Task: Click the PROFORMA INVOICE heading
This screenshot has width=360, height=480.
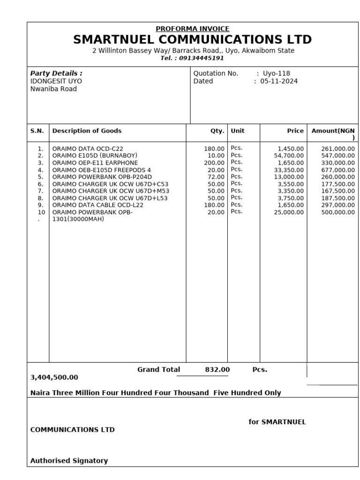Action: pos(192,29)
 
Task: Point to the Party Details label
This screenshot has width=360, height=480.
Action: pos(56,74)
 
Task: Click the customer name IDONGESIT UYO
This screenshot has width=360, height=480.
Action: pos(56,81)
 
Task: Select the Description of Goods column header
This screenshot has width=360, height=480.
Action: pos(87,131)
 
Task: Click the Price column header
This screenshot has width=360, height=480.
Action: pos(295,131)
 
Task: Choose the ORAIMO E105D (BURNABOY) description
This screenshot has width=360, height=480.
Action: pos(88,156)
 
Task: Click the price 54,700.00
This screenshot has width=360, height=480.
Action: pos(289,156)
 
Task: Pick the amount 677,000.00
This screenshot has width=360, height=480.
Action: pos(337,170)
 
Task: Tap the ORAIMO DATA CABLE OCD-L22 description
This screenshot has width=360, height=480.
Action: pos(97,205)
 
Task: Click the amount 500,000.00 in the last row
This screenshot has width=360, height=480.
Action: pos(337,212)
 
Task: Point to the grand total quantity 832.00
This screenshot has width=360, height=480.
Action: pos(217,370)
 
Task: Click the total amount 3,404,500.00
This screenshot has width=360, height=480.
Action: pos(54,377)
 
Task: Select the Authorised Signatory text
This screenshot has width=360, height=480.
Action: pos(69,461)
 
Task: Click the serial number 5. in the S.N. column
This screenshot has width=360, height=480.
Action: pos(41,177)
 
